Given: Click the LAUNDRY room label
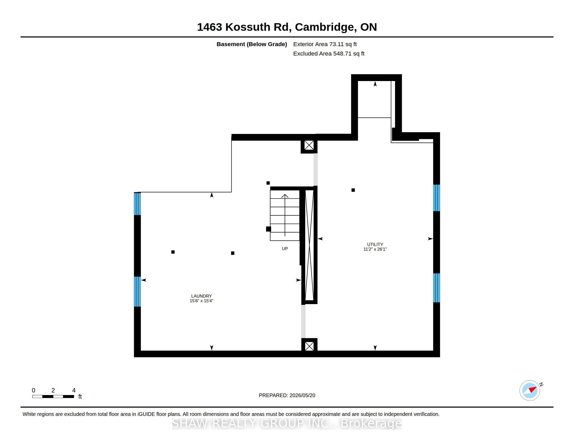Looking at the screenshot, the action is (x=201, y=296).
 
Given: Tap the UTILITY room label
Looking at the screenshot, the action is (x=375, y=244).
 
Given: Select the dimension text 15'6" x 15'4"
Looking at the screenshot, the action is (x=201, y=301).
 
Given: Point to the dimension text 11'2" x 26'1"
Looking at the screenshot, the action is (x=375, y=249).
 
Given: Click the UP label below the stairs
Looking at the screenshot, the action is (x=285, y=249).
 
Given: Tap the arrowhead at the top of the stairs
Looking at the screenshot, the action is (x=285, y=196).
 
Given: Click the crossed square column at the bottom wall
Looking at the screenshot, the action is (x=309, y=346).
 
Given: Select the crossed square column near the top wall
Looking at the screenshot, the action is (x=309, y=145).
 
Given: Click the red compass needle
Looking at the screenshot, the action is (x=533, y=389).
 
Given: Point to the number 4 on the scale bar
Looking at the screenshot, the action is (x=74, y=390).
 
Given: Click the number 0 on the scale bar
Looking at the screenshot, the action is (x=33, y=390).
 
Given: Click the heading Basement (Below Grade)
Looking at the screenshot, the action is (x=252, y=44).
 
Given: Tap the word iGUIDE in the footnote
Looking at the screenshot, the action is (x=146, y=414).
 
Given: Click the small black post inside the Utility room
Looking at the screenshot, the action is (x=353, y=190).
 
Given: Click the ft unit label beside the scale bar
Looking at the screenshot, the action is (x=80, y=397).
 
